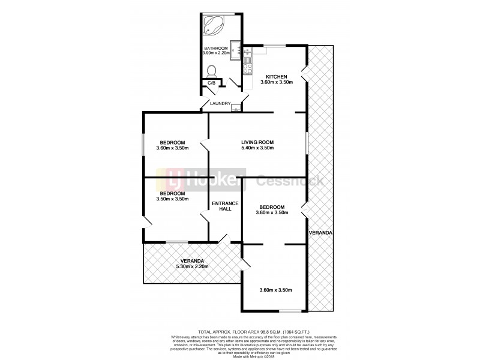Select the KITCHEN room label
[277, 76]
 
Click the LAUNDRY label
[220, 104]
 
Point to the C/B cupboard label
[211, 83]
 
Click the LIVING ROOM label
[257, 142]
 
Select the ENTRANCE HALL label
[226, 206]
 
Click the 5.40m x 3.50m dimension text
[257, 148]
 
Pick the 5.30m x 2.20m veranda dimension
[190, 266]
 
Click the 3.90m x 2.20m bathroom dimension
[216, 54]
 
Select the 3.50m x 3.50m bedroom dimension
[172, 199]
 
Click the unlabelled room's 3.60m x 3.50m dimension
[275, 290]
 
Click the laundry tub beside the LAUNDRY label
[236, 109]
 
